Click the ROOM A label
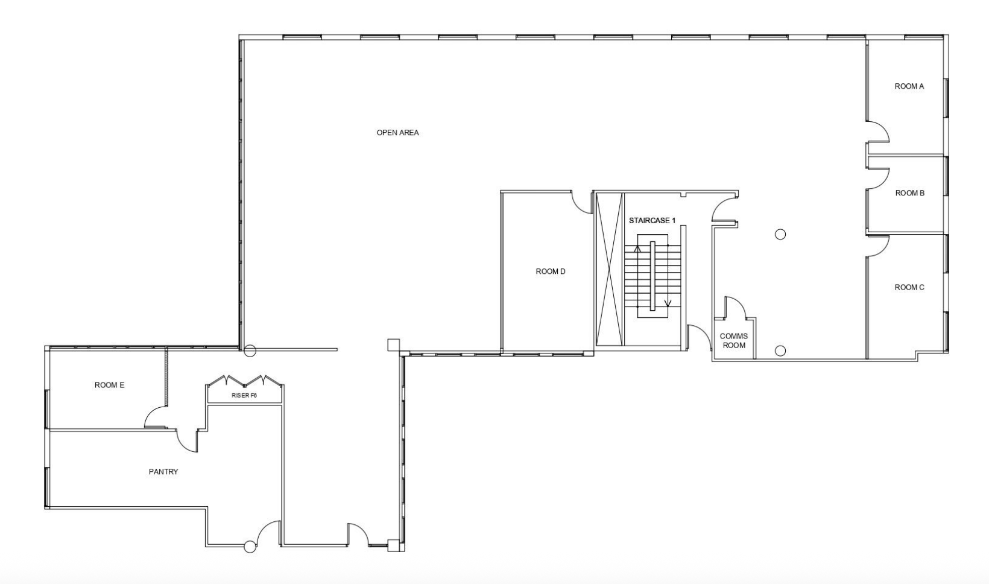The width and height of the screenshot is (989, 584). point(909,87)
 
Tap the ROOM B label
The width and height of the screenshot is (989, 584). point(909,193)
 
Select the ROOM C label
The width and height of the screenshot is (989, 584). point(909,288)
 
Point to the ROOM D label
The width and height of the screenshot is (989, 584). point(550,271)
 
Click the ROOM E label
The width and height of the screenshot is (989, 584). point(110,385)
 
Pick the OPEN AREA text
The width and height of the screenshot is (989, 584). point(397,133)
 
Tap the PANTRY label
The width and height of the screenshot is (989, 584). point(163,472)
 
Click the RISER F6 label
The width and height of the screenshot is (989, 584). point(244,396)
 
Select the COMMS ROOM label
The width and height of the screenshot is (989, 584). point(734,341)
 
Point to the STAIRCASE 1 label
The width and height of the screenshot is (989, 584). point(652,220)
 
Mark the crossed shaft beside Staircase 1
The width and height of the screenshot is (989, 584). point(609,269)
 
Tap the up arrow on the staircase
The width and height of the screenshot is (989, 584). point(637,249)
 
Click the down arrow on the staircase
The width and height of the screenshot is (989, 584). point(668,303)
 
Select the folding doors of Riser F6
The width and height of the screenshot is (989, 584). point(245,380)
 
